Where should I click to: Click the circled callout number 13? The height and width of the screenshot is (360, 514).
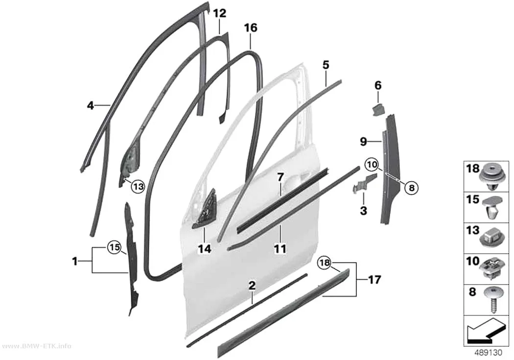(138, 187)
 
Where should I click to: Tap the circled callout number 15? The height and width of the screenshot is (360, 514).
(115, 247)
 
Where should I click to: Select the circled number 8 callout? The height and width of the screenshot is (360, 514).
(412, 188)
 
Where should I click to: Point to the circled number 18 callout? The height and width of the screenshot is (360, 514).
(324, 263)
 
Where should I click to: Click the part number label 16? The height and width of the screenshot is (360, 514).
(251, 28)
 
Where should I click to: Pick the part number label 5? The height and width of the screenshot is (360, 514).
(326, 65)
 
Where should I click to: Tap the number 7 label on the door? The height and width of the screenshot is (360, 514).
(280, 177)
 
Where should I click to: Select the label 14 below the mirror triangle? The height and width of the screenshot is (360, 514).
(205, 249)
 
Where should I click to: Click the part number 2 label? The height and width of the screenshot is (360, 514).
(252, 286)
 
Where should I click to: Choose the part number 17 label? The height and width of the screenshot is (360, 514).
(374, 280)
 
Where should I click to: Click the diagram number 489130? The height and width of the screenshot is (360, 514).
(489, 353)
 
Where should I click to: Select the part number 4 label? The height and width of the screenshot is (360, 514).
(91, 106)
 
